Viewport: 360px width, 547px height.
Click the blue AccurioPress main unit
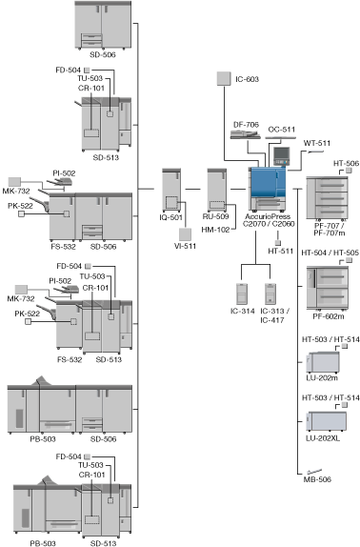(x=268, y=189)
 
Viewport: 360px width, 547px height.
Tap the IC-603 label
(x=247, y=79)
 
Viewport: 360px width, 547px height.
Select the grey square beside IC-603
(x=224, y=78)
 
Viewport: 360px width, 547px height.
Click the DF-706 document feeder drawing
(x=245, y=134)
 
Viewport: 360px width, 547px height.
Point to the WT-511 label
(x=317, y=143)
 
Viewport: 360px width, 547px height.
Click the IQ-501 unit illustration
(x=171, y=191)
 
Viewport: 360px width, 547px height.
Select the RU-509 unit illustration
(x=217, y=191)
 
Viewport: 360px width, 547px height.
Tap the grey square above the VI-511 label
(x=185, y=234)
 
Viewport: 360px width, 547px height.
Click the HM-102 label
(x=215, y=230)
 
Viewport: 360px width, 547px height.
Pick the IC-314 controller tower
(x=242, y=294)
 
